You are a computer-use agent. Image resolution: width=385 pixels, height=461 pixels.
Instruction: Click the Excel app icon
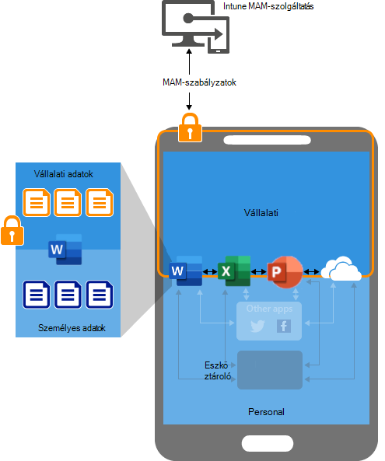234,271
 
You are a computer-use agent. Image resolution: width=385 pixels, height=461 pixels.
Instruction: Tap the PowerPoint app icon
285,272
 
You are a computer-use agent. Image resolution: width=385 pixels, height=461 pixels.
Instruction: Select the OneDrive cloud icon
341,268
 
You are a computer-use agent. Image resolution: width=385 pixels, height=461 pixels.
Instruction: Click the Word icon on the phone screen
186,271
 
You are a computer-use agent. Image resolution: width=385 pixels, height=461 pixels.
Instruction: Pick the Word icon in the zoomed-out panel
65,250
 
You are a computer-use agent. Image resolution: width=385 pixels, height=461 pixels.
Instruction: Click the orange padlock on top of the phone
190,127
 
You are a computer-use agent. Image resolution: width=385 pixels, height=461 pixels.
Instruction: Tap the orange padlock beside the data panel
12,230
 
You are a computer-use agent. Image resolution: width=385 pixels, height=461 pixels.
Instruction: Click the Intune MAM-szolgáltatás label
268,6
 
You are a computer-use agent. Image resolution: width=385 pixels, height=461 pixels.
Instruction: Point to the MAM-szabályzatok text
199,82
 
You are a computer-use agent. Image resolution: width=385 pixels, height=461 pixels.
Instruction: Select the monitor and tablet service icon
195,27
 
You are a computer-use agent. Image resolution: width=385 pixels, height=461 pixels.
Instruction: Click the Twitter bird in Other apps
257,326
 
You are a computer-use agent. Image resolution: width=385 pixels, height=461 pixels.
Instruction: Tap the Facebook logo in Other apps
284,326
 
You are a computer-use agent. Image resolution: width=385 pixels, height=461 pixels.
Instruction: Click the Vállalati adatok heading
64,174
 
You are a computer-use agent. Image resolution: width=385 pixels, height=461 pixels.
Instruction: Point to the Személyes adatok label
72,328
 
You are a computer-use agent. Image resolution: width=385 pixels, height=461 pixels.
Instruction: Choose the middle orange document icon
68,203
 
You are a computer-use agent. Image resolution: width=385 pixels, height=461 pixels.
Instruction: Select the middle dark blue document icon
68,295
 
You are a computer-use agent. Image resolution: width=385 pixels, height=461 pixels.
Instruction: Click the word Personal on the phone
266,412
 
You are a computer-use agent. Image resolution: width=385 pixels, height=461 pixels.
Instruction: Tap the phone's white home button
268,443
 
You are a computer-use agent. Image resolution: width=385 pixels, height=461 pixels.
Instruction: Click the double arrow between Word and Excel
210,271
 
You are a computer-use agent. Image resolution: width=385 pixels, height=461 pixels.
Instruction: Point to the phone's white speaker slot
267,140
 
